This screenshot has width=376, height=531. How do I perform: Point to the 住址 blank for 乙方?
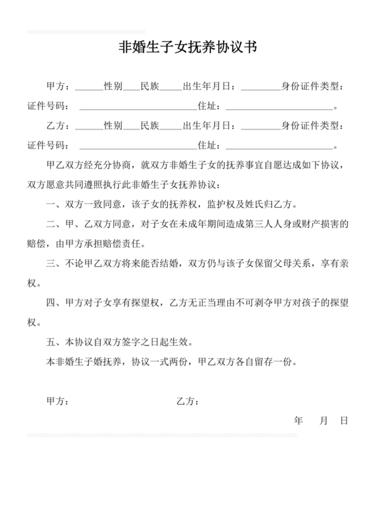pos(279,145)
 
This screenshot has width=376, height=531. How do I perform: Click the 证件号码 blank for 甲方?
pos(137,107)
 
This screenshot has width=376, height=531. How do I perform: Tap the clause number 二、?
pos(52,224)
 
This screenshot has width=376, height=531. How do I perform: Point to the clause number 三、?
pos(52,263)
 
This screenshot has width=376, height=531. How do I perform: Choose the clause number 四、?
pos(52,302)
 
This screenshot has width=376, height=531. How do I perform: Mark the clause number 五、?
pos(52,341)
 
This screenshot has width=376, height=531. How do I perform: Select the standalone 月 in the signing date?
pos(324,420)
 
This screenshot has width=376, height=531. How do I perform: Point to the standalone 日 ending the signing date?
pos(344,420)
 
